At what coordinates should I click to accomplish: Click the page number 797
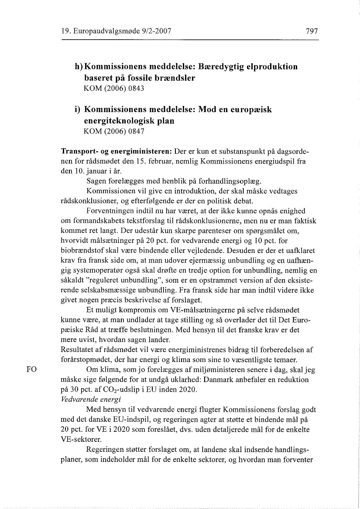point(312,31)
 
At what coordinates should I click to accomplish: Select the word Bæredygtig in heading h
point(223,67)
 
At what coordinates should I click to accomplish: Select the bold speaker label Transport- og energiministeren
point(116,151)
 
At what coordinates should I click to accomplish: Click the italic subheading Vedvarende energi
point(86,399)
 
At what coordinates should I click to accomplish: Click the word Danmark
point(217,380)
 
